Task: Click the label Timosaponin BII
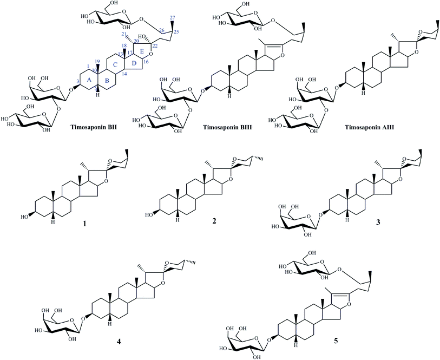point(94,128)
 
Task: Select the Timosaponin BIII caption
point(227,128)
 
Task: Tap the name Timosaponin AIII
point(370,128)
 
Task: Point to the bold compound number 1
point(84,224)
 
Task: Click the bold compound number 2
point(214,221)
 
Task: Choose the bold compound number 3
point(378,222)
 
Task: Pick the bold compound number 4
point(119,342)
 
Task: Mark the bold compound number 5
point(336,341)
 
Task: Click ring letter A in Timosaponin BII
point(89,80)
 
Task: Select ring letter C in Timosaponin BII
point(115,65)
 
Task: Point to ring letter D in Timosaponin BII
point(134,63)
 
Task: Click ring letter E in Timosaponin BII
point(142,51)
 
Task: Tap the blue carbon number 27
point(174,18)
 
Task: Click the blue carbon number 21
point(122,34)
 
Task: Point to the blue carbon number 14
point(124,74)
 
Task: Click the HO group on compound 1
point(26,217)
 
